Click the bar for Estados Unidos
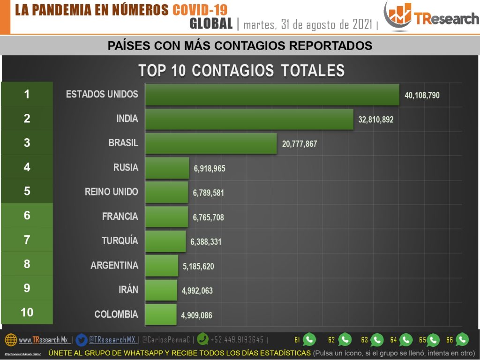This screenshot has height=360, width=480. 272,95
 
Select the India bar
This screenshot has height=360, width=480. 249,119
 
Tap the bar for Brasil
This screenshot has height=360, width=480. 211,143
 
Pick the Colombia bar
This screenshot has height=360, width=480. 161,315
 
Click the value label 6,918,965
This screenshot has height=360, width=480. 209,168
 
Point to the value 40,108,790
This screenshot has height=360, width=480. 422,95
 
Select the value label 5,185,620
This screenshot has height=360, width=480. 198,266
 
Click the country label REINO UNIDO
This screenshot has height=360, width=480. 112,192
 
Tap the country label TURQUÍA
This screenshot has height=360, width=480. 120,241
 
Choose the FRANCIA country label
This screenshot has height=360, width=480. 120,217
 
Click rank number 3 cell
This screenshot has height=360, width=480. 27,143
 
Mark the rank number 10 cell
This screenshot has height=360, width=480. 27,312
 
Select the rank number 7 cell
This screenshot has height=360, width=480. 27,240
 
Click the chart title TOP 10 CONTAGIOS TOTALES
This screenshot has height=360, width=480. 241,70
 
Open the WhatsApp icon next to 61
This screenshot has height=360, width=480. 309,339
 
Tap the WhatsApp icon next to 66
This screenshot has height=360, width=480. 462,339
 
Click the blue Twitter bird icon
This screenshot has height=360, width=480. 82,339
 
